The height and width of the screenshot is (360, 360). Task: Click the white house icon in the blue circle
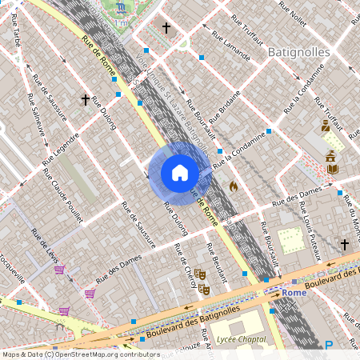(180, 173)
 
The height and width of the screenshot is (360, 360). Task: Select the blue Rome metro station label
(294, 293)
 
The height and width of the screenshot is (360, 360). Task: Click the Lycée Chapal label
(242, 340)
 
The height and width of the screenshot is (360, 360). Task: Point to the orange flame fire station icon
(234, 186)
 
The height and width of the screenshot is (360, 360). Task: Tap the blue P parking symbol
(329, 346)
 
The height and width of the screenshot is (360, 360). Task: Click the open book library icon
(332, 169)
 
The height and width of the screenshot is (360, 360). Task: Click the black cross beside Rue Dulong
(85, 101)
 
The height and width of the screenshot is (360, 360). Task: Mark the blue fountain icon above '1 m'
(121, 8)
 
